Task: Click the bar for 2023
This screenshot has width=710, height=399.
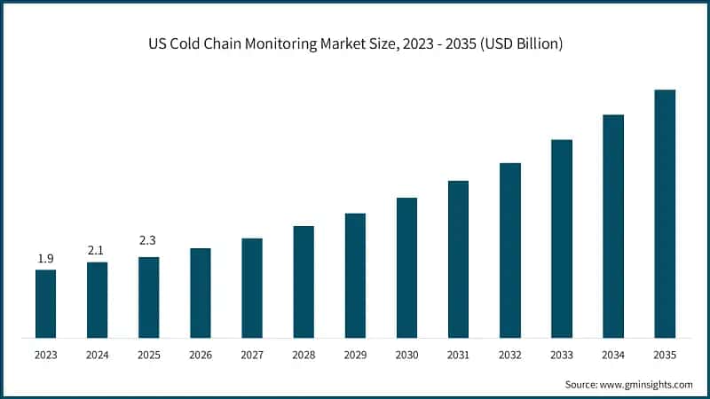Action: [45, 303]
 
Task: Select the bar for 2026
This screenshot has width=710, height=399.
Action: [201, 293]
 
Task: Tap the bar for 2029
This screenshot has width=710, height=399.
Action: [355, 275]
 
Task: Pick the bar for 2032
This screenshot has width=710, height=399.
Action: [510, 250]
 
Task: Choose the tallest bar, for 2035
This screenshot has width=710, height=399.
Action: [665, 214]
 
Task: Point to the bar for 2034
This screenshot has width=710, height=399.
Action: [613, 226]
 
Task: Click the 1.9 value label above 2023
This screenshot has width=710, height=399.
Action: [45, 259]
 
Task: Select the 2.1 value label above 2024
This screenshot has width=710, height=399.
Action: [97, 251]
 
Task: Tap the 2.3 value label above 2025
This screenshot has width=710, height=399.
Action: [148, 240]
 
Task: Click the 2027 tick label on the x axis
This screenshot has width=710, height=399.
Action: [252, 355]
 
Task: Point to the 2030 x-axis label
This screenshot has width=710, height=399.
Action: [406, 355]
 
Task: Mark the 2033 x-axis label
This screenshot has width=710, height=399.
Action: [562, 355]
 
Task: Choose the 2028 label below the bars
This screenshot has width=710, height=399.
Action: [304, 355]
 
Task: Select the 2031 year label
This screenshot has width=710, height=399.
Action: [458, 355]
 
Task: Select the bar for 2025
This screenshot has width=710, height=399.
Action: [148, 297]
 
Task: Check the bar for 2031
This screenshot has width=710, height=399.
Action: [458, 259]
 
